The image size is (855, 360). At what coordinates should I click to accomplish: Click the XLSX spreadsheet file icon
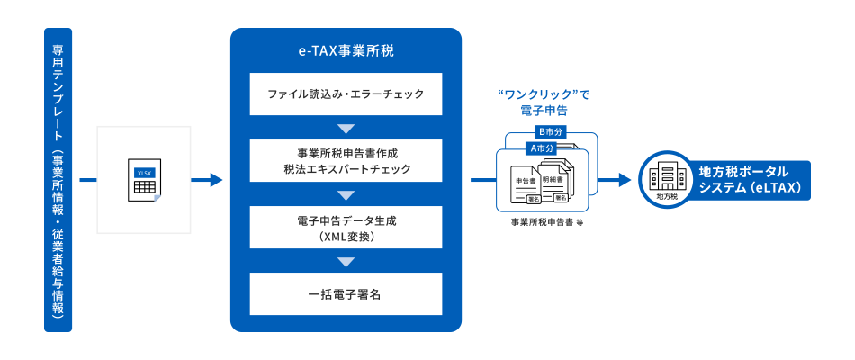pyautogui.click(x=144, y=181)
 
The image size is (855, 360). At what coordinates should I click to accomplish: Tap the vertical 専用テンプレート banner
pyautogui.click(x=58, y=180)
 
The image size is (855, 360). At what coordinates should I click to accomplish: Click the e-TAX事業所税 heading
pyautogui.click(x=346, y=51)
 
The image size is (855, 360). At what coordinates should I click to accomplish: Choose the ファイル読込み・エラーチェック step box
pyautogui.click(x=346, y=94)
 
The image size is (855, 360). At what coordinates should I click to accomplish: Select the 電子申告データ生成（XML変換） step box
pyautogui.click(x=346, y=227)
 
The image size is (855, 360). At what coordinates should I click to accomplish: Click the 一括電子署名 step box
pyautogui.click(x=346, y=294)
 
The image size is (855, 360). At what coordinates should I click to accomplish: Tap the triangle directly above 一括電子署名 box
pyautogui.click(x=346, y=261)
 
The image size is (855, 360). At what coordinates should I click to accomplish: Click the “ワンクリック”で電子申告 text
pyautogui.click(x=544, y=102)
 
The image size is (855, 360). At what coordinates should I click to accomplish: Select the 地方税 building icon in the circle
pyautogui.click(x=667, y=179)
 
